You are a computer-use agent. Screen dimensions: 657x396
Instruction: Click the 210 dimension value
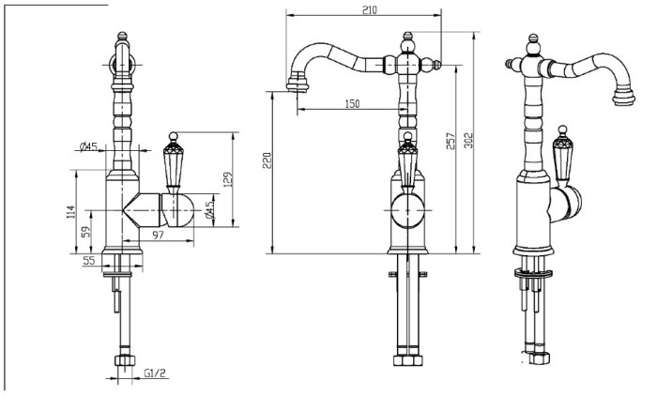[x=369, y=10]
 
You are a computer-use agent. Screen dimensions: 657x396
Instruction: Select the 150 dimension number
[x=352, y=103]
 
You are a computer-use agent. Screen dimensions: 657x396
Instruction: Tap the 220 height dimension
[x=267, y=160]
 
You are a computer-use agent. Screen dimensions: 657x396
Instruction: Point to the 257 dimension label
[x=450, y=142]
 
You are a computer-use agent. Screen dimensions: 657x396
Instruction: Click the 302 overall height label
[x=468, y=141]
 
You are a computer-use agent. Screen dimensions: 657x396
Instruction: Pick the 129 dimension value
[x=227, y=179]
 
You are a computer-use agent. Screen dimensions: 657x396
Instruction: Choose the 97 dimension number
[x=158, y=236]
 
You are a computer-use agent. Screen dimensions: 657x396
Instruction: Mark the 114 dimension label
[x=70, y=212]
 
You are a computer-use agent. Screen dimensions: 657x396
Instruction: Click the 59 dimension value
[x=86, y=232]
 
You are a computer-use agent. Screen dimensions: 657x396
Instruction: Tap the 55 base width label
[x=89, y=261]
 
